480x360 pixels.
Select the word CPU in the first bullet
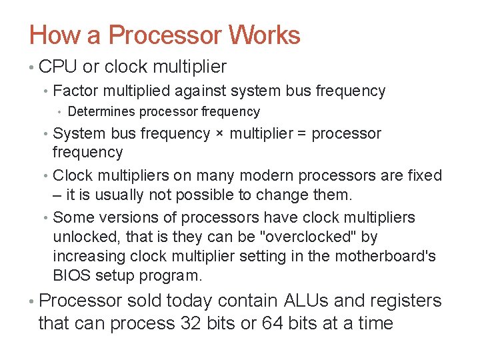click(x=58, y=67)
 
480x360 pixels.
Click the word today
click(x=193, y=301)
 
